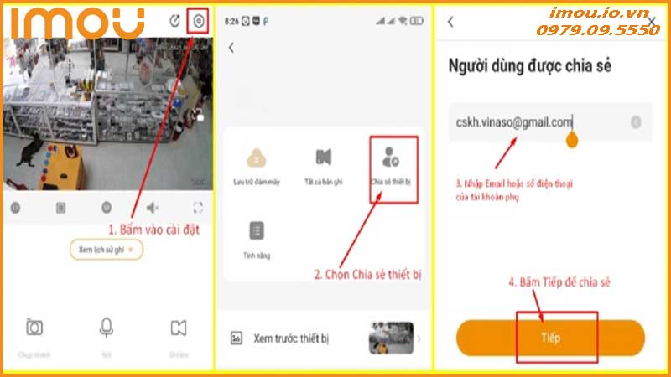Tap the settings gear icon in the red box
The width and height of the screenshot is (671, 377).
[198, 22]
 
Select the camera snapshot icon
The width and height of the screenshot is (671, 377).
[34, 328]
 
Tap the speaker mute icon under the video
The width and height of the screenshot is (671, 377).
[153, 207]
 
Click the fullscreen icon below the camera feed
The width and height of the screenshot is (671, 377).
[198, 207]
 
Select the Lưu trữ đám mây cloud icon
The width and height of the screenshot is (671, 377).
[256, 158]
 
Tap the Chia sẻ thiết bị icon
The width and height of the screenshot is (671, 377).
[391, 156]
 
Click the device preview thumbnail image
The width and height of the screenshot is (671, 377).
[391, 338]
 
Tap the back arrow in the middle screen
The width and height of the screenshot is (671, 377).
[231, 49]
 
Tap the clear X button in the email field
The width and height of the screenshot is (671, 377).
[636, 122]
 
